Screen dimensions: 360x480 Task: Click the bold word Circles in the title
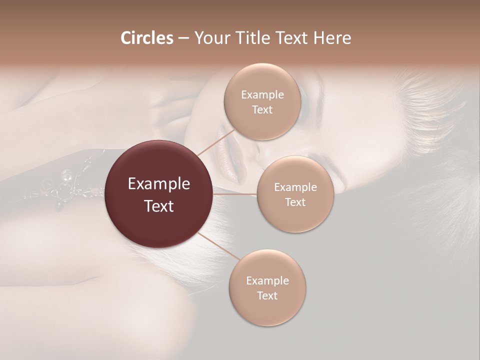[x=146, y=38]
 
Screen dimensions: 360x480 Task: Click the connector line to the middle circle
[x=235, y=194]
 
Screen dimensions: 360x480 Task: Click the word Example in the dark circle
[x=159, y=184]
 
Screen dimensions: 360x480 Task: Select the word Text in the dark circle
[x=159, y=206]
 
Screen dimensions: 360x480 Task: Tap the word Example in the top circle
[x=262, y=95]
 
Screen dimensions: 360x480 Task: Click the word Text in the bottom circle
[x=267, y=295]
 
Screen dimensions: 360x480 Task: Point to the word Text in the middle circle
[x=295, y=202]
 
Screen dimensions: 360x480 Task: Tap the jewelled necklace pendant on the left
[x=64, y=189]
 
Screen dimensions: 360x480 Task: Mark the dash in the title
[x=183, y=38]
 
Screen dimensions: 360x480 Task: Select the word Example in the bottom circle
[x=267, y=280]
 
